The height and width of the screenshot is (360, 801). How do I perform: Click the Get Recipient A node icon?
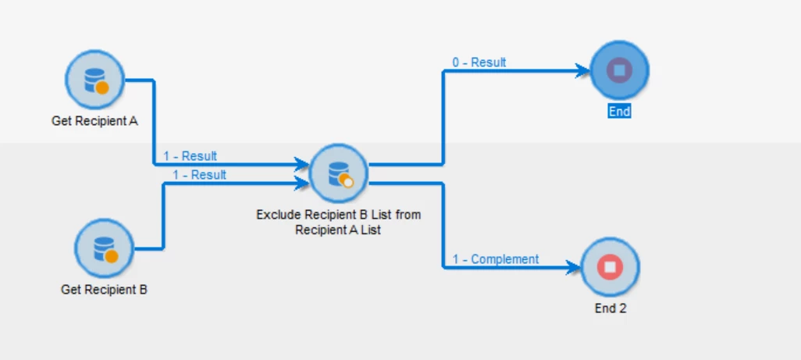coord(94,80)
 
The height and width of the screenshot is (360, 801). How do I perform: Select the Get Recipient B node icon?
coord(104,248)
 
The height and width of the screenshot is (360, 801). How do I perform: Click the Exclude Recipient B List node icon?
coord(339,173)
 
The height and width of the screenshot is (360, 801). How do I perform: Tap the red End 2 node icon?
coord(610,267)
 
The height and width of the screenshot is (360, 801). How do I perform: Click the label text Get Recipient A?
coord(95,122)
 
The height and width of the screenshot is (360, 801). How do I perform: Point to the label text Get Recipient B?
coord(104,290)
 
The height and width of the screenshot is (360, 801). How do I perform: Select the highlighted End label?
coord(619,112)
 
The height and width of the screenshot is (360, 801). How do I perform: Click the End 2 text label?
coord(611,308)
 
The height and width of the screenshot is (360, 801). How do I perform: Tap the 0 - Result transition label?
coord(479,62)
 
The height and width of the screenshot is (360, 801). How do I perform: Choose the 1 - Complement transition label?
coord(495,259)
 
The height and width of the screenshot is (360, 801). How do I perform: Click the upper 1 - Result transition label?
coord(190,156)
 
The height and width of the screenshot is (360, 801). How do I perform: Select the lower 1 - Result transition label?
coord(199,175)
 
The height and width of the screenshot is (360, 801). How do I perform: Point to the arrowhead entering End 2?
coord(576,268)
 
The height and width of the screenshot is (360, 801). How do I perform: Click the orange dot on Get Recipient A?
coord(102,87)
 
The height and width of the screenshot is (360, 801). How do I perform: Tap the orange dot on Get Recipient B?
coord(112,256)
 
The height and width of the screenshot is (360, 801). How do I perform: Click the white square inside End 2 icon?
coord(610,267)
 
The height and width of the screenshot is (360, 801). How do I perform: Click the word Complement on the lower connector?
coord(504,259)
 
